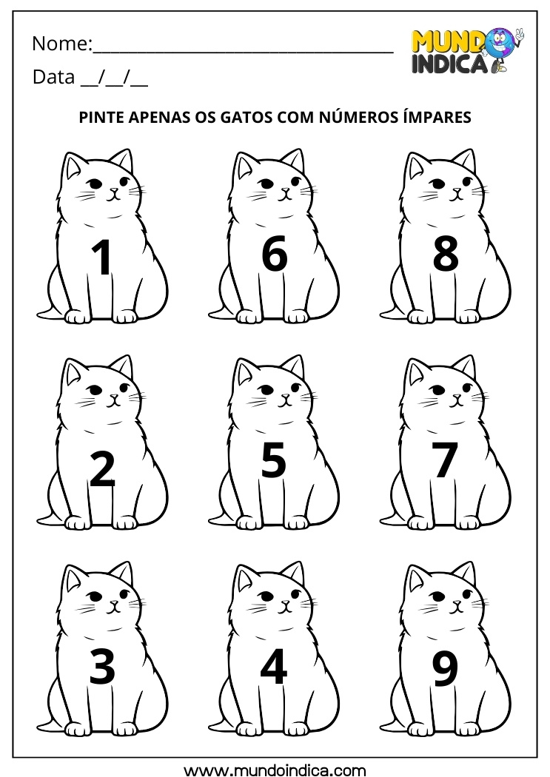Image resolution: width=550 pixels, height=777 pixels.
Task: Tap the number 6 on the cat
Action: pos(274,255)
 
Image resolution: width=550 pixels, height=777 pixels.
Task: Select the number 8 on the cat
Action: pos(445,255)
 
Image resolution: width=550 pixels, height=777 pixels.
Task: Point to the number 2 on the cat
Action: pos(102,468)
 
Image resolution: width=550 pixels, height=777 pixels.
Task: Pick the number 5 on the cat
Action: pos(274,460)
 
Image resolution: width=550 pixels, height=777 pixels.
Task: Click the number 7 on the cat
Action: pos(445,460)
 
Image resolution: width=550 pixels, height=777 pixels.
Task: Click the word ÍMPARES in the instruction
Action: pos(434,117)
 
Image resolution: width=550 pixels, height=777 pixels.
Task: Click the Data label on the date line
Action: pos(53,78)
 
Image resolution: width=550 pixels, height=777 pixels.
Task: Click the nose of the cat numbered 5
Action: pos(285,397)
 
